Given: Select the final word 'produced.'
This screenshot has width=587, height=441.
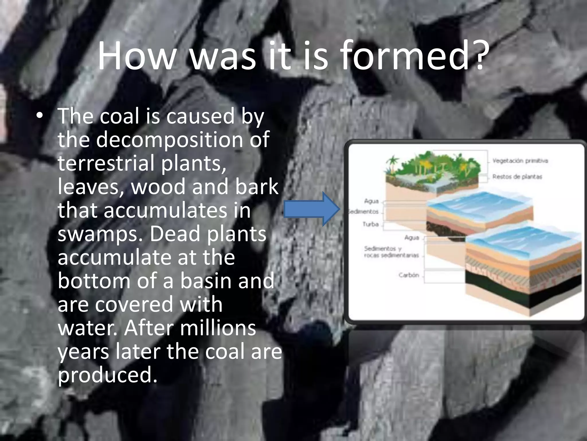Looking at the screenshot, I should pos(108,375).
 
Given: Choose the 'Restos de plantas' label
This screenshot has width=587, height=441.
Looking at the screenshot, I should pos(517,177).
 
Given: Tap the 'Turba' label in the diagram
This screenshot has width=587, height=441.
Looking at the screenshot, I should pos(371,224).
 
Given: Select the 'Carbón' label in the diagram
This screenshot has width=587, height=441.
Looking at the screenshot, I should pos(409,275).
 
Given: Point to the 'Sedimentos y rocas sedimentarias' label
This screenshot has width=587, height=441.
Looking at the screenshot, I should pos(391,252).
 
